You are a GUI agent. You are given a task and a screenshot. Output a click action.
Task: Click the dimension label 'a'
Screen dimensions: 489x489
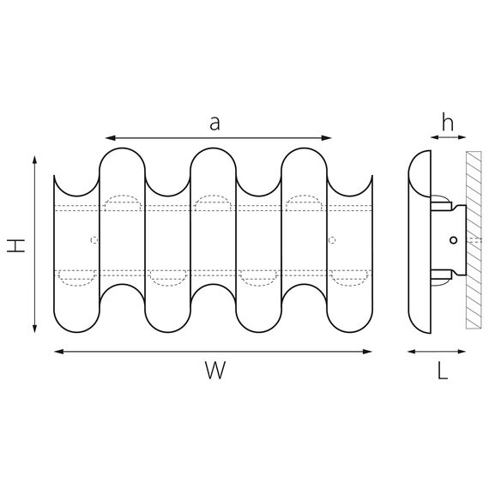214,124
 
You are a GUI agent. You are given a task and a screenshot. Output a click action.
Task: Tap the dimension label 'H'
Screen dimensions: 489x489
16,245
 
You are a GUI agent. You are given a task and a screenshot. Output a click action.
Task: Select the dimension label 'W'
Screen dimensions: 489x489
215,370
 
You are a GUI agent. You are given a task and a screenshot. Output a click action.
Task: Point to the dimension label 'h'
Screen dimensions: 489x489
448,122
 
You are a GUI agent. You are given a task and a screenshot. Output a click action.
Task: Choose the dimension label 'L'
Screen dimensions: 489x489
443,371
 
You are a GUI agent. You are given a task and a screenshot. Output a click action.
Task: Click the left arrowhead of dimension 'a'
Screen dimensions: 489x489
111,138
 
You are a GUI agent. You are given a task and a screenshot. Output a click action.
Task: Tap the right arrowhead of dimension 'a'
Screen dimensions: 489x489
326,138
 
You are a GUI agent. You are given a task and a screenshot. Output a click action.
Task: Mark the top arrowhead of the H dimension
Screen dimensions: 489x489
34,160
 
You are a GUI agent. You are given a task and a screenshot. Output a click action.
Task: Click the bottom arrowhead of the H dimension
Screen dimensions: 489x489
34,329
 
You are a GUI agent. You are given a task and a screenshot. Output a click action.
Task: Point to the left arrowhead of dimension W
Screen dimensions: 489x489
59,352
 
